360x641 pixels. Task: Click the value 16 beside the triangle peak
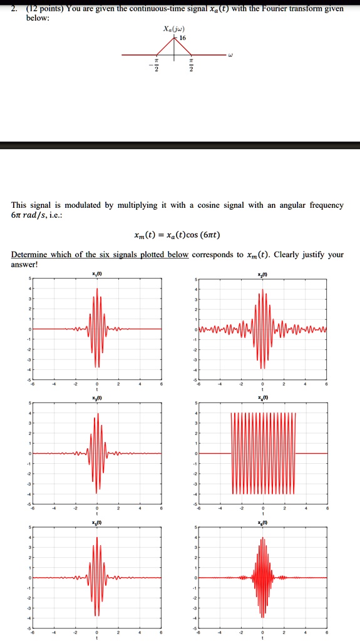(x=183, y=38)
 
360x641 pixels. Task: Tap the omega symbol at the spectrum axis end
(x=230, y=61)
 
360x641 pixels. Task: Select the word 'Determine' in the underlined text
(x=29, y=255)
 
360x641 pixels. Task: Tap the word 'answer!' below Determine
(x=25, y=264)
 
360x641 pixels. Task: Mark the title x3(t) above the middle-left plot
(x=96, y=398)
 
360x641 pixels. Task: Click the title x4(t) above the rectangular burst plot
(x=263, y=398)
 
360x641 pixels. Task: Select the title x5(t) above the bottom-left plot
(x=96, y=522)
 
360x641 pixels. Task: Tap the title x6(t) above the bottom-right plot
(x=263, y=522)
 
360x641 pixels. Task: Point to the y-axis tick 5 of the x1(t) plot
(x=29, y=279)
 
